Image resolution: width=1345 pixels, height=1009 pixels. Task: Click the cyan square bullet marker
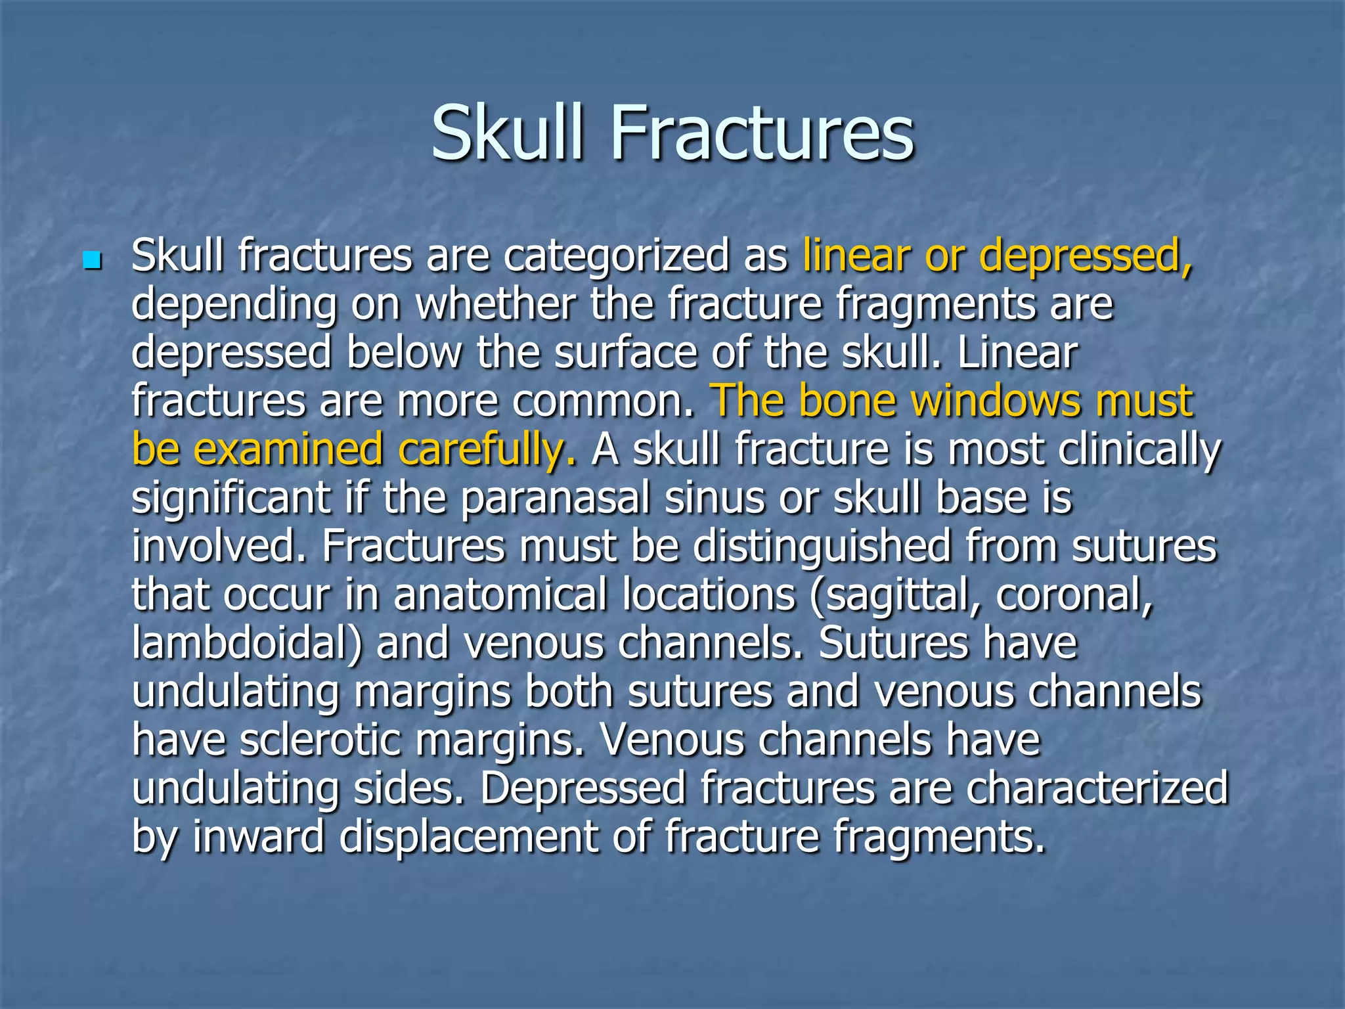pos(92,261)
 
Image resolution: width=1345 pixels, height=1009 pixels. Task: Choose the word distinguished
pos(822,547)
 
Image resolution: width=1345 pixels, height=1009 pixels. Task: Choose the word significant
pos(231,498)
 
